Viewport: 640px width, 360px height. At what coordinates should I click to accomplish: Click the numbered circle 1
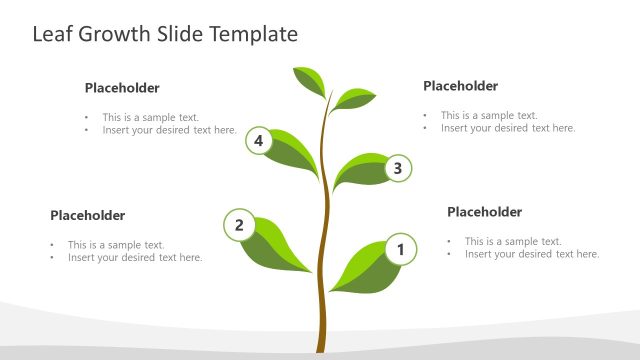[400, 250]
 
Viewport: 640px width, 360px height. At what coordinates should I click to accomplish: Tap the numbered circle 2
[239, 225]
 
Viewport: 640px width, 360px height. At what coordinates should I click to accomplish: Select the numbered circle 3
[397, 168]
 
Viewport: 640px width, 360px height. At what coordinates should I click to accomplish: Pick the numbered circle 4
[259, 141]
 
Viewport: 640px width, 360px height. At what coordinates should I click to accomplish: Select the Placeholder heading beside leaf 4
[122, 88]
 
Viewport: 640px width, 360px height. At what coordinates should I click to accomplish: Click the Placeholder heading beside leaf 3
[460, 86]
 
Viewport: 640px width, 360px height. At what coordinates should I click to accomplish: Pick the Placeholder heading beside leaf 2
[88, 215]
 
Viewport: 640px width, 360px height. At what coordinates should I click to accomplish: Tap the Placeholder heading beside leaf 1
[484, 212]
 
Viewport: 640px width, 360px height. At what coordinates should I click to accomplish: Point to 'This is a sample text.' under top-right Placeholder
[489, 115]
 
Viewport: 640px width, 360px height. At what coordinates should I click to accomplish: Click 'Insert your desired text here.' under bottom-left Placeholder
[135, 257]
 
